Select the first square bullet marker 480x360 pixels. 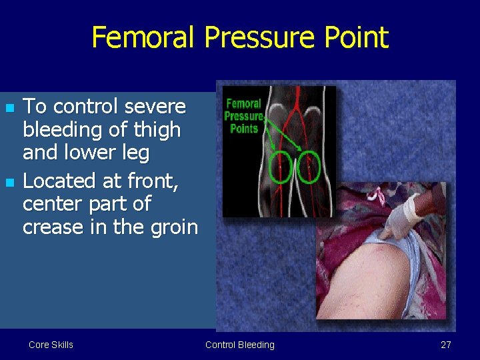tap(9, 108)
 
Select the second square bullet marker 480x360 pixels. tap(9, 181)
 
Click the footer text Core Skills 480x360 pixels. tap(51, 345)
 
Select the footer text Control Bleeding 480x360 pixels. tap(239, 345)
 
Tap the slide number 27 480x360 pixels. tap(446, 345)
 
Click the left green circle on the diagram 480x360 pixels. tap(281, 167)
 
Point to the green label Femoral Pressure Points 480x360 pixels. tap(244, 116)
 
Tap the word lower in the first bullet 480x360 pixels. tap(85, 153)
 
